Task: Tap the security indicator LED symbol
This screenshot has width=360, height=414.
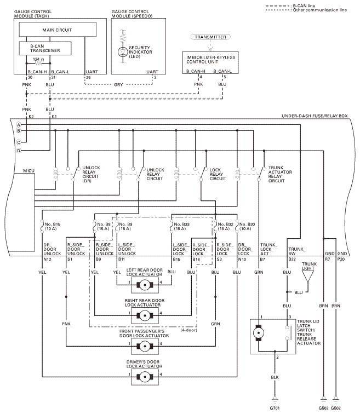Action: (122, 52)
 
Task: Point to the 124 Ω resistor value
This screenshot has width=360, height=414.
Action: (39, 59)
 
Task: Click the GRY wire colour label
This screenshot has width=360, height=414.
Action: (118, 84)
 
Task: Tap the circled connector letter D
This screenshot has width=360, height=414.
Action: (18, 151)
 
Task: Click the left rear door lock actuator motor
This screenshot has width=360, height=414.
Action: (145, 283)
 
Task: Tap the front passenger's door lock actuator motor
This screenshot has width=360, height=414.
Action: (145, 344)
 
